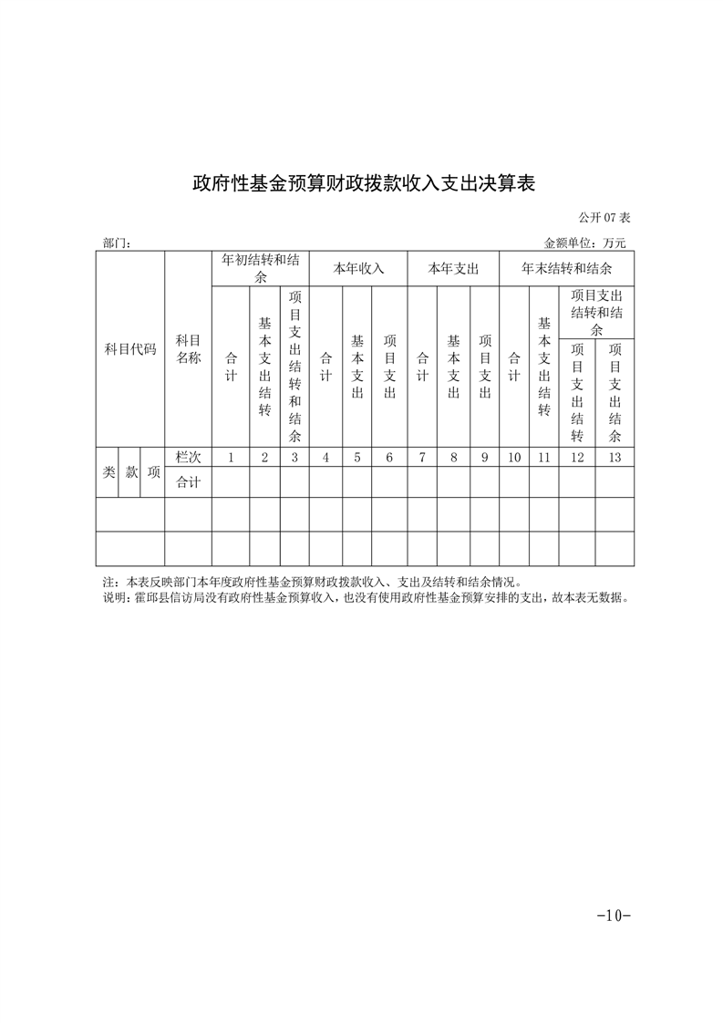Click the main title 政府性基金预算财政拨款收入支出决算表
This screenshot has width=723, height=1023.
coord(362,183)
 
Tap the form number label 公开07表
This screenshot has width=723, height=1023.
coord(604,218)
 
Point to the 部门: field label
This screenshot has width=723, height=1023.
coord(118,243)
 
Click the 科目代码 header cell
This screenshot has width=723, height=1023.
coord(129,349)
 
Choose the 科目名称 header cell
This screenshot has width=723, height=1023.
coord(188,349)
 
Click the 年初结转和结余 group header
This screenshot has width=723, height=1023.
coord(261,268)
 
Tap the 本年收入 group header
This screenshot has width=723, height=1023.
coord(358,269)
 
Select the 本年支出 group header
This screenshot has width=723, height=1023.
coord(453,269)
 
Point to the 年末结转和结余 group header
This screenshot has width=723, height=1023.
coord(566,269)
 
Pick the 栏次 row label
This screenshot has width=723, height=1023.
coord(188,458)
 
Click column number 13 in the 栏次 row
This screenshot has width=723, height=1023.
coord(615,458)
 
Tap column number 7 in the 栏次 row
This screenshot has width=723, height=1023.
coord(422,458)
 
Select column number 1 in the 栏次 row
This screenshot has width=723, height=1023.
coord(231,458)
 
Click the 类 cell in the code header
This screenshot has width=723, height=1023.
coord(108,472)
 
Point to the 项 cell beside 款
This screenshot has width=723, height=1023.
coord(153,472)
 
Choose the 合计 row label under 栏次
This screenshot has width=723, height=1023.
coord(188,482)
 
